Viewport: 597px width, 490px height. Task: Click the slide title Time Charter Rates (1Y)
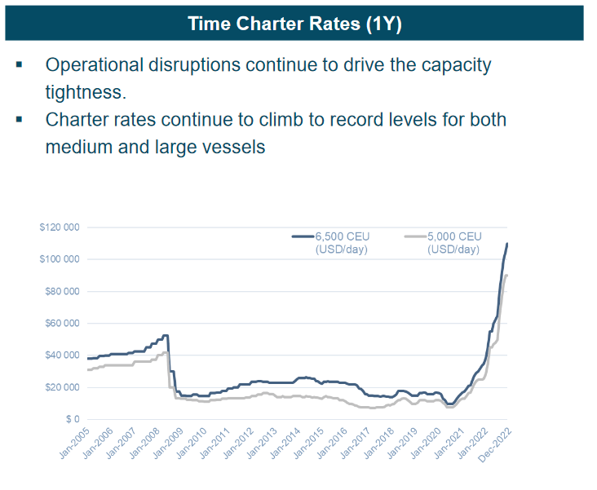pos(294,23)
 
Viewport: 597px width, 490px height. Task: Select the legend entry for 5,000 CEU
pos(453,242)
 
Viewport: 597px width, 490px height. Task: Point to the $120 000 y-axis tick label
pos(60,227)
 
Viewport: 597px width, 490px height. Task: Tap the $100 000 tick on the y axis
pos(60,259)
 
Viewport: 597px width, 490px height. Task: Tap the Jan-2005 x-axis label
pos(73,444)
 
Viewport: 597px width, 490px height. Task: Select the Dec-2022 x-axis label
pos(493,444)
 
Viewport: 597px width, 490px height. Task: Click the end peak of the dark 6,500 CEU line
pos(507,243)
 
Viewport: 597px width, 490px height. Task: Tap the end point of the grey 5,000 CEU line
pos(507,275)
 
